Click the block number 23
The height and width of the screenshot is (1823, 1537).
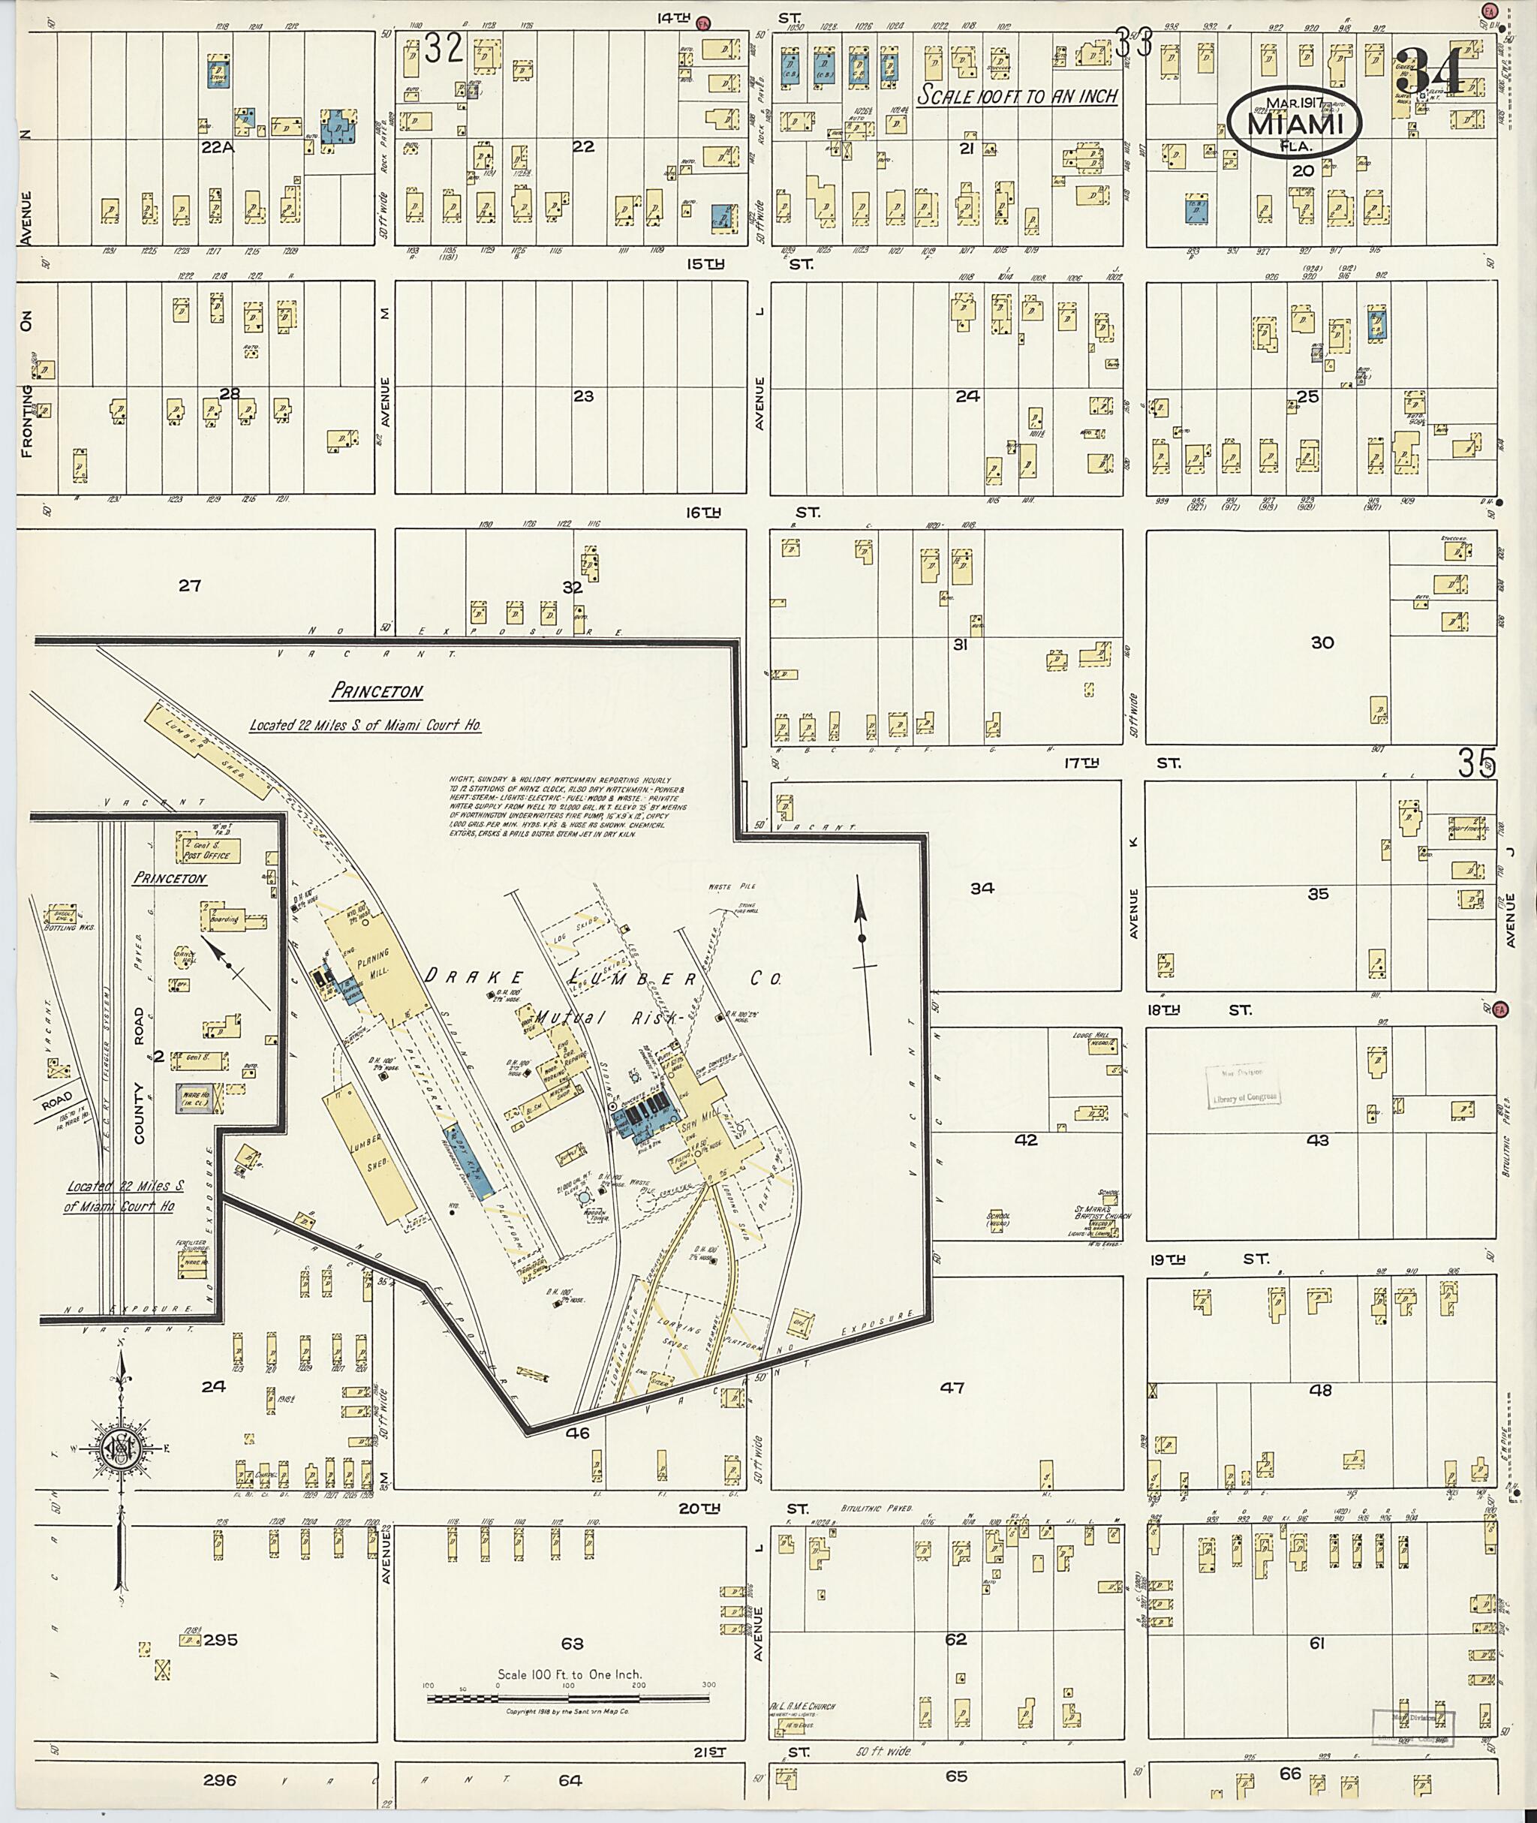coord(583,396)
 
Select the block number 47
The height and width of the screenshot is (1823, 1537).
coord(953,1387)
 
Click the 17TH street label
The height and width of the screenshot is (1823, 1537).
coord(1081,763)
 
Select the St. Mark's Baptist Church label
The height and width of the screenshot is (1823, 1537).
coord(1102,1212)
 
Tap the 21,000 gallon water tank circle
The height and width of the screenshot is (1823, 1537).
coord(584,1198)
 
